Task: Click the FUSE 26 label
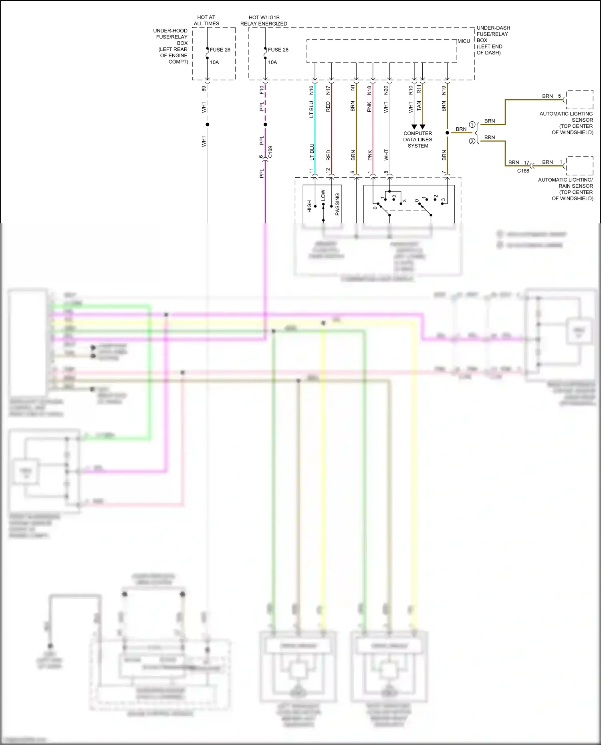(220, 50)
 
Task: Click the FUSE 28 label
(278, 50)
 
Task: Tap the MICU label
(464, 41)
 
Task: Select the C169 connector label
(270, 152)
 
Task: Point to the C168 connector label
(523, 171)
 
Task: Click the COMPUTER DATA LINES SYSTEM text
(417, 139)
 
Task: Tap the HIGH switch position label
(309, 206)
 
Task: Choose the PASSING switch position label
(337, 204)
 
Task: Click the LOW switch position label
(323, 195)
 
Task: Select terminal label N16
(311, 90)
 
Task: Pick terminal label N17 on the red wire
(328, 90)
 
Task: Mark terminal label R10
(411, 90)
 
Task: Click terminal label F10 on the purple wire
(262, 90)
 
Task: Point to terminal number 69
(204, 88)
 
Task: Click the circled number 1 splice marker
(472, 125)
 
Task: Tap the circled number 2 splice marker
(472, 141)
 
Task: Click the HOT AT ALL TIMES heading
(206, 20)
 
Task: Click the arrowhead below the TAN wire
(422, 127)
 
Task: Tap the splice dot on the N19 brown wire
(447, 133)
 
